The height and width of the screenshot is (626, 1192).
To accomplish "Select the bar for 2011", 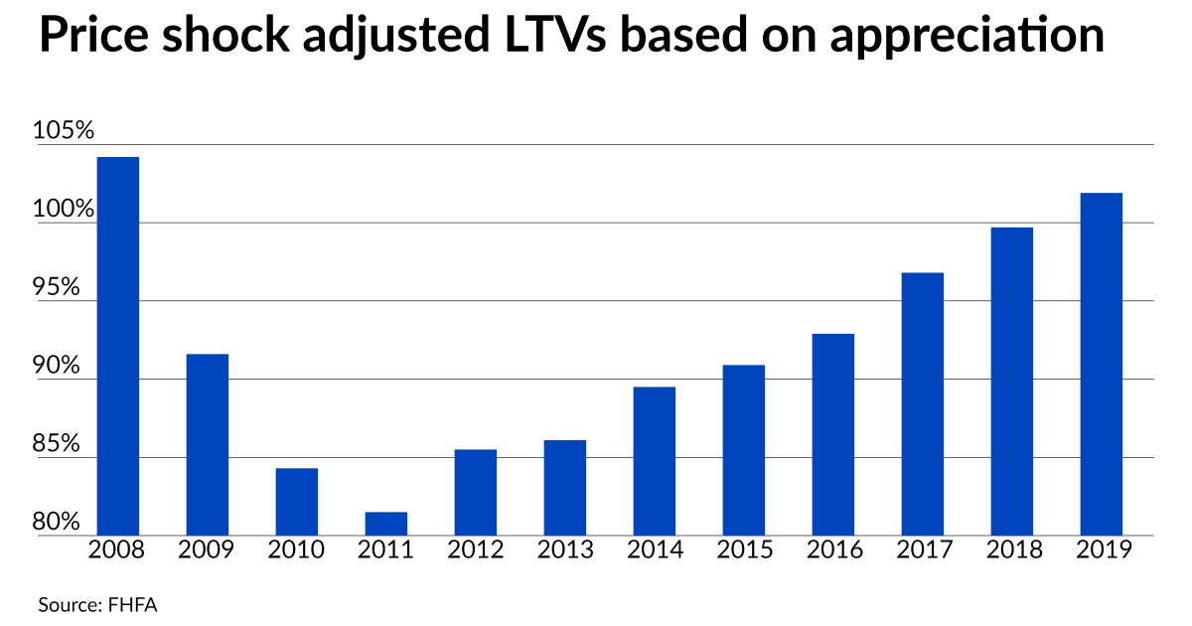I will pyautogui.click(x=385, y=524).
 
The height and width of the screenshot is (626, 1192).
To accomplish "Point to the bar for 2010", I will pyautogui.click(x=296, y=502).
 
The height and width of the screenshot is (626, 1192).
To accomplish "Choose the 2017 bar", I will pyautogui.click(x=922, y=403).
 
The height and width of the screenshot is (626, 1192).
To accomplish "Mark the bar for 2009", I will pyautogui.click(x=207, y=444).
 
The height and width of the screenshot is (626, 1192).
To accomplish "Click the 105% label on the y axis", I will pyautogui.click(x=63, y=131).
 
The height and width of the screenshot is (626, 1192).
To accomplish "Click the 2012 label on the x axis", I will pyautogui.click(x=476, y=549).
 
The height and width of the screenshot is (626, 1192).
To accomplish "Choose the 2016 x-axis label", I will pyautogui.click(x=833, y=549).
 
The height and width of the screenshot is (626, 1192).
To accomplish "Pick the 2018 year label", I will pyautogui.click(x=1012, y=549).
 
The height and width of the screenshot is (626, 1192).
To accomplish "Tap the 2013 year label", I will pyautogui.click(x=565, y=549).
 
